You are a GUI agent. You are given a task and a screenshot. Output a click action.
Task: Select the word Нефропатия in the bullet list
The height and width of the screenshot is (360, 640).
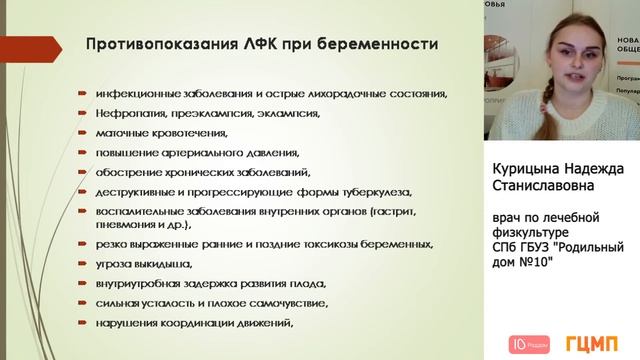129,114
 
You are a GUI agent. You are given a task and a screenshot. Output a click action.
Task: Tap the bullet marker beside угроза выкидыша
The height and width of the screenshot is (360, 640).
83,264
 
